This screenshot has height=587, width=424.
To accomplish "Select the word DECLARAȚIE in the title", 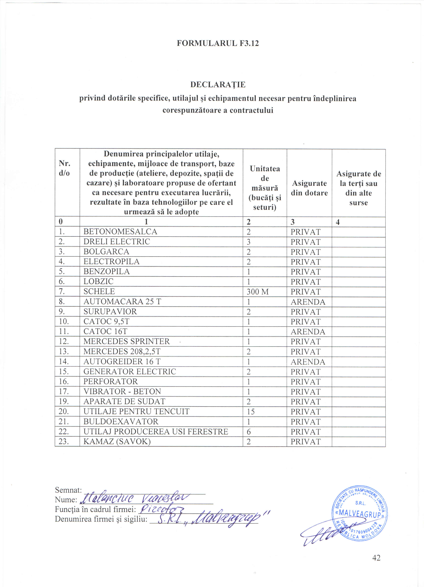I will click(x=218, y=85).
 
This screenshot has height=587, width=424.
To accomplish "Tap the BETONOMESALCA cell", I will click(x=120, y=232).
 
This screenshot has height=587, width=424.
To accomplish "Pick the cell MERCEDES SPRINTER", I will click(x=126, y=342).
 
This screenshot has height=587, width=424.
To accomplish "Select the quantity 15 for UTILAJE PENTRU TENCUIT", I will click(x=251, y=412).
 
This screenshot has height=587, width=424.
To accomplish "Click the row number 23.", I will click(x=64, y=442).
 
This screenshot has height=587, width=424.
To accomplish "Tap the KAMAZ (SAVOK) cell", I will click(x=117, y=442).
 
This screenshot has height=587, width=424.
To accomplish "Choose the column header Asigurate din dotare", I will click(x=309, y=188).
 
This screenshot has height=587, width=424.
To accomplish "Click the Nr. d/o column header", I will click(x=64, y=168).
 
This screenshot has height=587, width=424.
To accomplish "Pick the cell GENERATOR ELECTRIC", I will click(x=130, y=372).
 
